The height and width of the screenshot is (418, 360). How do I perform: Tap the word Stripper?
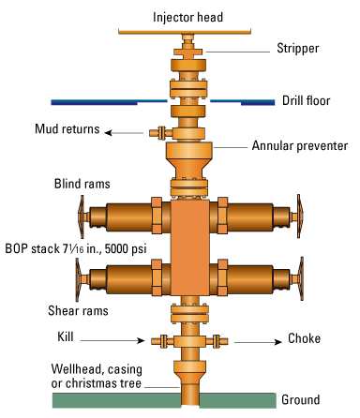[297, 49]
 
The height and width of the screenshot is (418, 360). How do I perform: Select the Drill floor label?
[306, 100]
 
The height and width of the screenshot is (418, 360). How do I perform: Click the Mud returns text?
[67, 128]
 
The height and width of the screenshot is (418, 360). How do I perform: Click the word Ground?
[301, 400]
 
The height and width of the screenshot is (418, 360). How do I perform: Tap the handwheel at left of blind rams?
[78, 219]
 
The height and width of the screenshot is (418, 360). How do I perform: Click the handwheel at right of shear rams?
[302, 279]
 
